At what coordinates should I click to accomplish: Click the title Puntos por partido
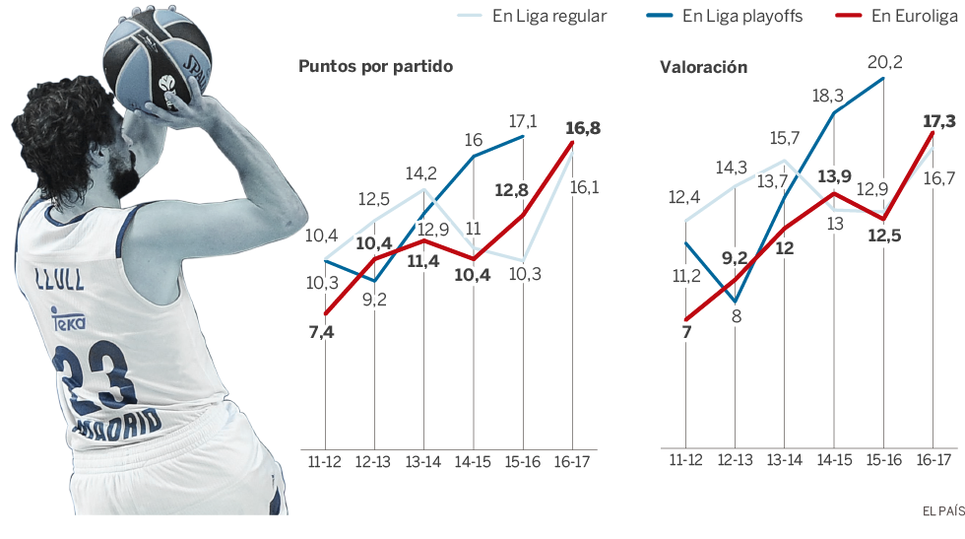tap(375, 67)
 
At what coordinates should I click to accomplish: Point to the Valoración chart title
tap(703, 67)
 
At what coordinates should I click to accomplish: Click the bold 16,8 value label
tap(583, 128)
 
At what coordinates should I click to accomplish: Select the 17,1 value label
tap(523, 120)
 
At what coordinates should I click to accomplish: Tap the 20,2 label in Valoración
tap(884, 62)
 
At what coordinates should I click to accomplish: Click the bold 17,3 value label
tap(939, 121)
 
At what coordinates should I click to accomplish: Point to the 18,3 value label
tap(827, 96)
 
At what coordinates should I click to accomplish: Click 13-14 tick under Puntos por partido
tap(424, 461)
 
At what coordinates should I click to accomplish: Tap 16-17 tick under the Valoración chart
tap(933, 460)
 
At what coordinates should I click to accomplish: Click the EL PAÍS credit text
tap(942, 510)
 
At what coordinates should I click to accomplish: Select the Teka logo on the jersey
tap(70, 319)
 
